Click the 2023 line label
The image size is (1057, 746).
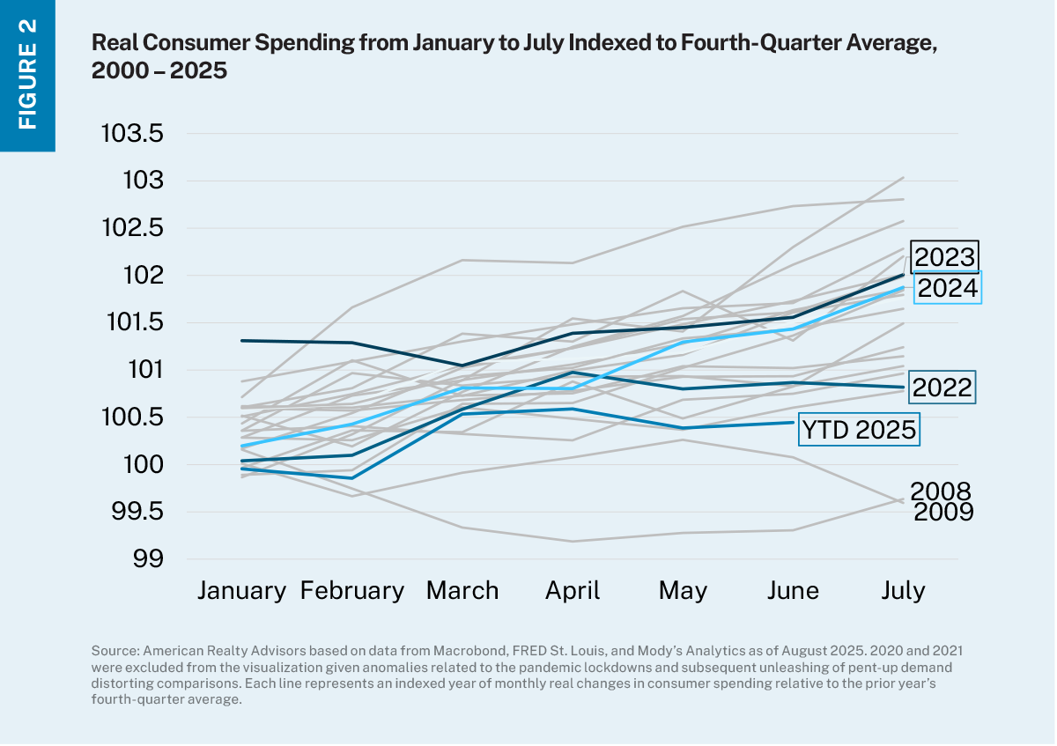945,257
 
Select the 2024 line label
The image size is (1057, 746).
947,288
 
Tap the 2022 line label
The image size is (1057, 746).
942,388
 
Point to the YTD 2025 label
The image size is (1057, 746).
859,430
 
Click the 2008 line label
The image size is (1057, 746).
940,491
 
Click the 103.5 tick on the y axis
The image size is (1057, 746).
132,135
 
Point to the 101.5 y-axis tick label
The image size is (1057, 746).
132,323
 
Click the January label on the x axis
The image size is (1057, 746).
241,590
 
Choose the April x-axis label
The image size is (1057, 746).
573,590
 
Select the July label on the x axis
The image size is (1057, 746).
904,590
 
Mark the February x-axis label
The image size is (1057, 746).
352,590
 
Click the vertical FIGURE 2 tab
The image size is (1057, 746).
27,75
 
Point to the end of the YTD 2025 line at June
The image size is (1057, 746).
794,423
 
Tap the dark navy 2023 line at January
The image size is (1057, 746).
242,340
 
